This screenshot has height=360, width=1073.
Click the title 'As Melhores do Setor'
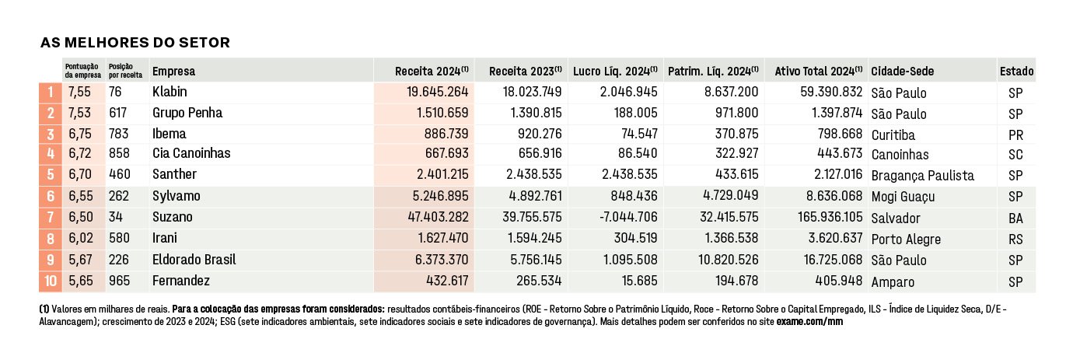click(x=135, y=43)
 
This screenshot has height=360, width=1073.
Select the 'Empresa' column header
click(x=173, y=72)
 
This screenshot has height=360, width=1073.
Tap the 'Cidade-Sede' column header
click(x=903, y=72)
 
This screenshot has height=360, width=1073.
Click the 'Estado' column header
click(x=1016, y=72)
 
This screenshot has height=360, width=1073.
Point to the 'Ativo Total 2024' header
click(x=818, y=72)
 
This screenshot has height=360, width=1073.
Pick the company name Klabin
click(x=170, y=92)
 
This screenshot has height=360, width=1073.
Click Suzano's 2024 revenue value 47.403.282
click(x=439, y=217)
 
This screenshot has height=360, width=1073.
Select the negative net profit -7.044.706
click(x=628, y=217)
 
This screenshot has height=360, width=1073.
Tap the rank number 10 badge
click(x=51, y=281)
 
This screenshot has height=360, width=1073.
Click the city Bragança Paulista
click(x=923, y=176)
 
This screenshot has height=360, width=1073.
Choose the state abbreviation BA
click(x=1015, y=218)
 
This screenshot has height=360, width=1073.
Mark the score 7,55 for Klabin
click(x=80, y=92)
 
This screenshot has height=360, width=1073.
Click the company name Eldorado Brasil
click(x=194, y=260)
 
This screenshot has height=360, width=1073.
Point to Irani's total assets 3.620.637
click(x=835, y=238)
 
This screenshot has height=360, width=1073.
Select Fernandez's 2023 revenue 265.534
click(x=539, y=281)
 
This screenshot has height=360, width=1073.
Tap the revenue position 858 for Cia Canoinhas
click(x=119, y=153)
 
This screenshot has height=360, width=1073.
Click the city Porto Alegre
click(x=907, y=239)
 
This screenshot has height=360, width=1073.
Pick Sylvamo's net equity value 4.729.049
click(x=731, y=195)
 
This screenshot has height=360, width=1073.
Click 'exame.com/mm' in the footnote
click(x=809, y=322)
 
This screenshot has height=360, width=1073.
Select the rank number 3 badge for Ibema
click(x=51, y=134)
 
